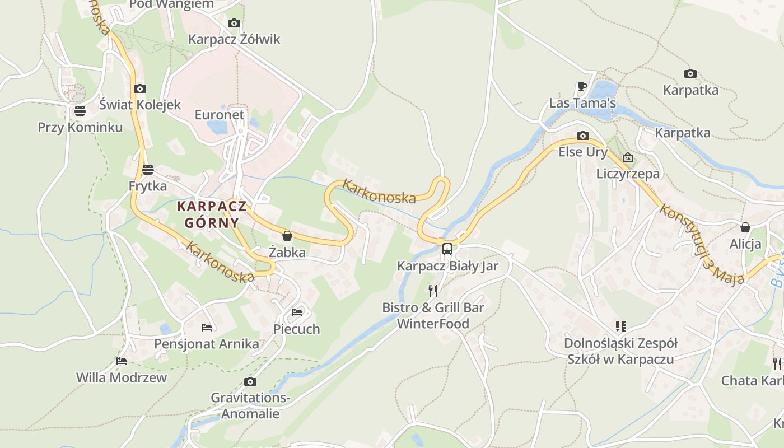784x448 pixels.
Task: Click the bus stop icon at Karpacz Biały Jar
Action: coord(447,249)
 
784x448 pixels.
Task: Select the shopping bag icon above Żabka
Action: coord(287,236)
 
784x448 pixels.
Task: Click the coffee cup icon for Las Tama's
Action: coord(582,87)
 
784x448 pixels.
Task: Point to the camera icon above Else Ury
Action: coord(583,136)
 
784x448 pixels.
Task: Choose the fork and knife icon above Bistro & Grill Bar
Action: coord(432,291)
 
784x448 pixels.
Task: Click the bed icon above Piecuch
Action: coord(297,312)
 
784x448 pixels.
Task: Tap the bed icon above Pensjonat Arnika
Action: coord(207,327)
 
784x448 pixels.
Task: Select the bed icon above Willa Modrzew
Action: coord(122,361)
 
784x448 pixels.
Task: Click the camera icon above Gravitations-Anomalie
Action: coord(250,382)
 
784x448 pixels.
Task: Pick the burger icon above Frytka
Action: coord(148,169)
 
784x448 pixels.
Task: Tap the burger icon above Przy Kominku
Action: coord(80,111)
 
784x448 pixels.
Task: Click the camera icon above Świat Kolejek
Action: coord(140,88)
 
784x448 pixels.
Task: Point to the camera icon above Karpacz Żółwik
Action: coord(234,23)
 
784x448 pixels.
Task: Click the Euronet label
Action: coord(220,115)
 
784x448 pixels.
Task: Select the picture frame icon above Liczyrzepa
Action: coord(628,157)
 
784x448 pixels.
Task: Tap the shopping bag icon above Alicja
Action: coord(745,227)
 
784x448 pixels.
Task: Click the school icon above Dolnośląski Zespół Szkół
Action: coord(620,326)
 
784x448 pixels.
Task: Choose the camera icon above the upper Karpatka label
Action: coord(690,73)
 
